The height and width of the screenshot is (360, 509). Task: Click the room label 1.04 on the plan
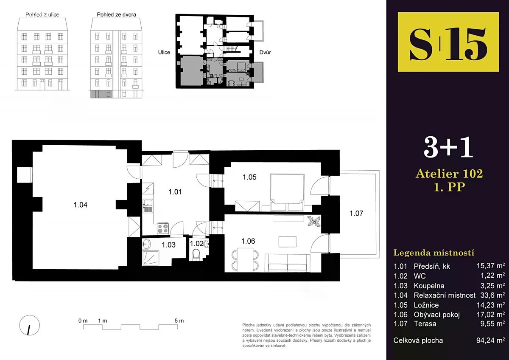click(81, 205)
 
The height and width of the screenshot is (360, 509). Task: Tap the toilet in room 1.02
click(196, 255)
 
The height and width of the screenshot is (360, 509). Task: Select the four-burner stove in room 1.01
click(163, 228)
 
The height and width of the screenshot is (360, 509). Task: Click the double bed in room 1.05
click(287, 192)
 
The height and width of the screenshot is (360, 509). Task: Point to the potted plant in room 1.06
click(314, 221)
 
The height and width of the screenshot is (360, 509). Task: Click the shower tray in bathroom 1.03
click(151, 258)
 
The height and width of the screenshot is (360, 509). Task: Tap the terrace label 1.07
click(356, 213)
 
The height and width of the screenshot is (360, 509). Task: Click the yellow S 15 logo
click(448, 42)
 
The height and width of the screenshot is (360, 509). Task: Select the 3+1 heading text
click(448, 147)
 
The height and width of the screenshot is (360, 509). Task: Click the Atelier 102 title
click(449, 174)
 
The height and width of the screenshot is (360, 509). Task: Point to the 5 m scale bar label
click(179, 321)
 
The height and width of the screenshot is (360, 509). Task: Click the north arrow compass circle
click(30, 325)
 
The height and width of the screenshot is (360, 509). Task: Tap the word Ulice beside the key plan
click(164, 52)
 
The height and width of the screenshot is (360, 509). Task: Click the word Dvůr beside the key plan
click(265, 52)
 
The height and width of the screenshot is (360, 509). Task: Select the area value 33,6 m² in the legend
click(492, 295)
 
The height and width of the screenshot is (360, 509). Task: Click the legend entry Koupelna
click(429, 286)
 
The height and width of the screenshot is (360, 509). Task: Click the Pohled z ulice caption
click(42, 14)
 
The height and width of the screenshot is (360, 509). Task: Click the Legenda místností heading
click(434, 253)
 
